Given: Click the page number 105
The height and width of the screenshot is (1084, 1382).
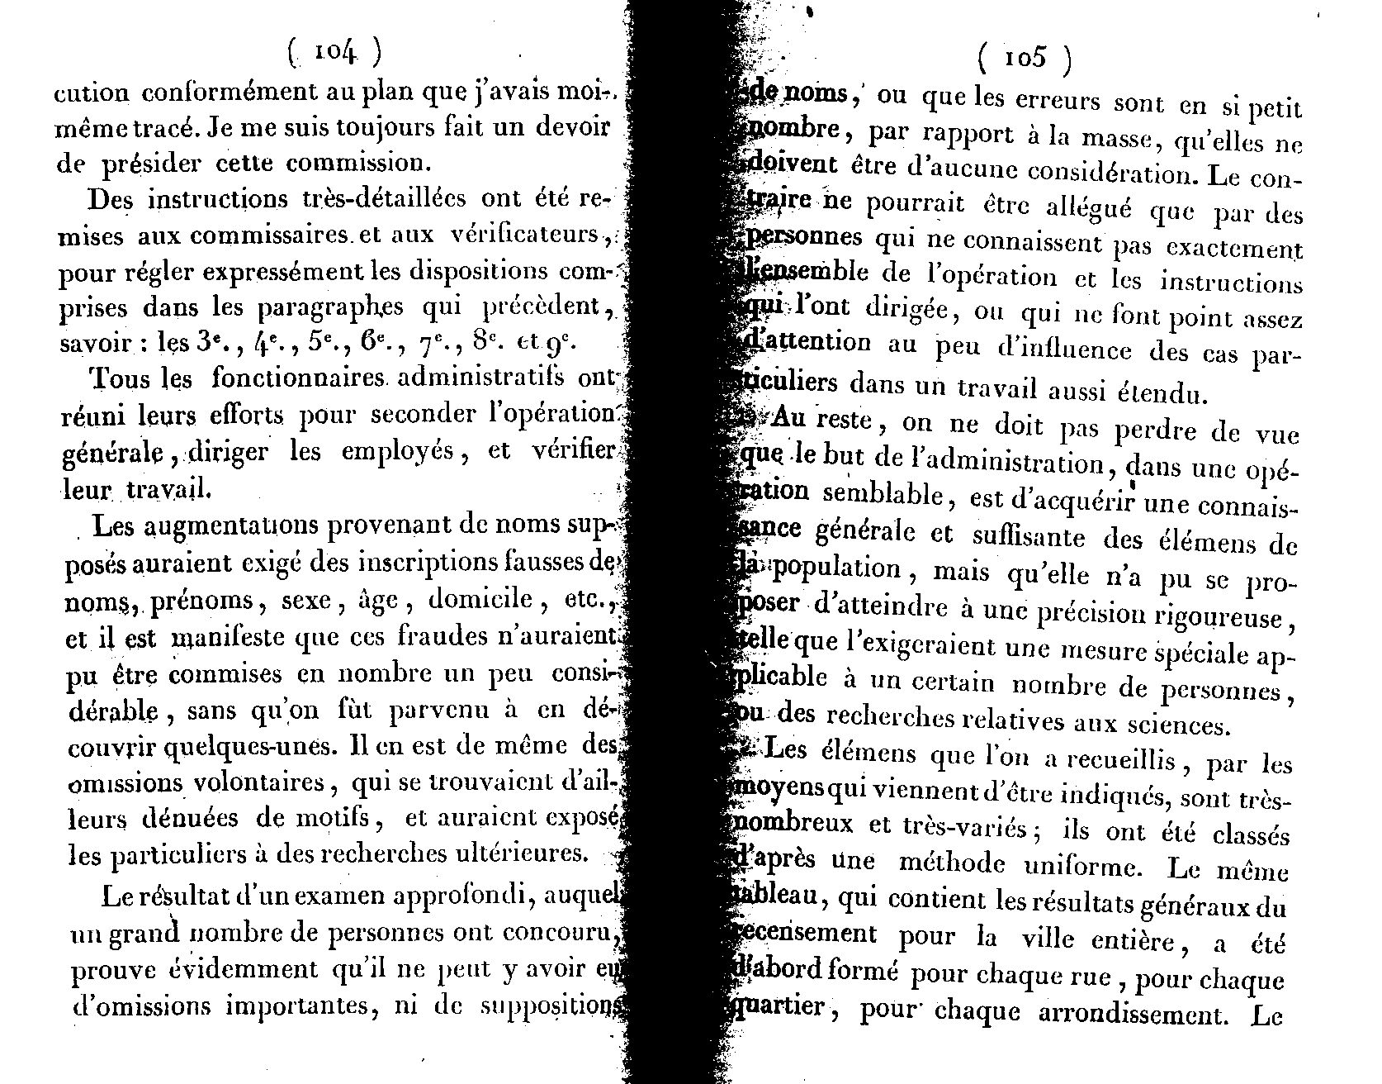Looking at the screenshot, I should (1025, 58).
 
